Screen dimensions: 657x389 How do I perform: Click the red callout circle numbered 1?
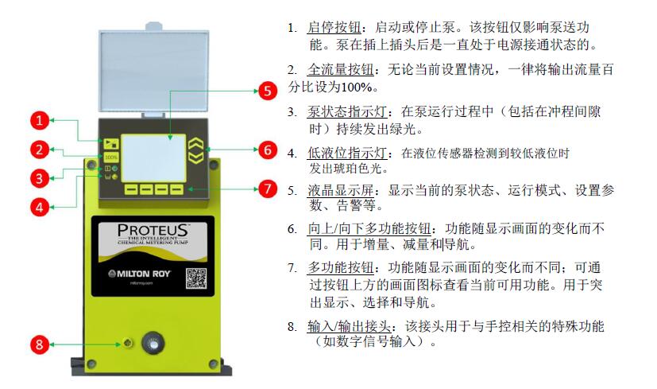point(40,121)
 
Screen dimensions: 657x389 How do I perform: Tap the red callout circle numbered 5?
point(268,91)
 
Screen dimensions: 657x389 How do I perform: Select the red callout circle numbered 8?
point(40,345)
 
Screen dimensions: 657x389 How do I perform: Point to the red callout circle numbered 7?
point(268,189)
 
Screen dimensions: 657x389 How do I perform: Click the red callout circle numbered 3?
point(40,179)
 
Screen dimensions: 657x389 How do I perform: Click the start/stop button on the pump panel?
point(111,143)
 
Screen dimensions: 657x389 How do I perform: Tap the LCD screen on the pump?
point(153,158)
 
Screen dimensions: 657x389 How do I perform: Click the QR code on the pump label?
point(196,278)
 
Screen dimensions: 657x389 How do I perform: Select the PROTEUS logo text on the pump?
point(153,230)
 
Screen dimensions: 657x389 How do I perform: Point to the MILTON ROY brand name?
point(140,274)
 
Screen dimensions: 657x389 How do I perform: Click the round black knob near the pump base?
point(153,344)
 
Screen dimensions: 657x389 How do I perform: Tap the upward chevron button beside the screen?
point(195,144)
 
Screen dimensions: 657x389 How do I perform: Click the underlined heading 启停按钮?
point(334,27)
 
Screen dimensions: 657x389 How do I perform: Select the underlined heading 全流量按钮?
point(341,69)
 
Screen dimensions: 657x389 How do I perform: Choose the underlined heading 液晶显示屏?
point(341,190)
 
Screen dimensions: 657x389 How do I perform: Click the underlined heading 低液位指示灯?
point(347,153)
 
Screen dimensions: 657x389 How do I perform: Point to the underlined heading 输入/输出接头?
point(349,326)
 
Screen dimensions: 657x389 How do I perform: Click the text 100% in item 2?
point(357,88)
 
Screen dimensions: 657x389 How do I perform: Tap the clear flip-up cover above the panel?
point(154,71)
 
